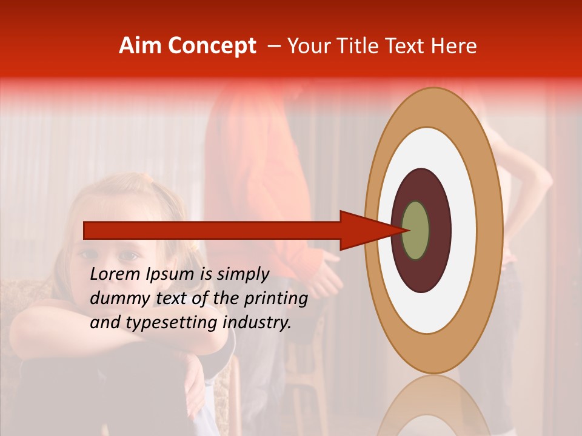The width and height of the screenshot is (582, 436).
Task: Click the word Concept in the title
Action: pos(212,46)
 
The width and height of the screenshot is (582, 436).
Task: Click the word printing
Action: pos(276,299)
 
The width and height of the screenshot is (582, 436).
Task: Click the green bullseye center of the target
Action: pos(416,230)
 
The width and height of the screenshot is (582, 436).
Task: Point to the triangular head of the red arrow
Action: pos(364,230)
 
